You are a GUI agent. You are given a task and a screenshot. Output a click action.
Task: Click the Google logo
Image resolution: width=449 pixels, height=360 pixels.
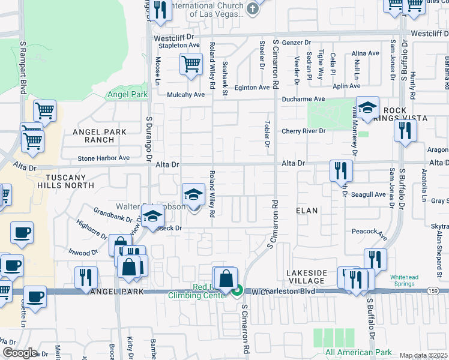pos(19,353)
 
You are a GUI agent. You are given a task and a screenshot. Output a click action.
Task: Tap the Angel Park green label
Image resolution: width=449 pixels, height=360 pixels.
pos(127,94)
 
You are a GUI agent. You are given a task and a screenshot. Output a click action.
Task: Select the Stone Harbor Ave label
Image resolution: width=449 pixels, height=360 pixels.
pos(103,158)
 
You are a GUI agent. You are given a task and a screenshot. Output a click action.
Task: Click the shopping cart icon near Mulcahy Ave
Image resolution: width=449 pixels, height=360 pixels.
pos(191,64)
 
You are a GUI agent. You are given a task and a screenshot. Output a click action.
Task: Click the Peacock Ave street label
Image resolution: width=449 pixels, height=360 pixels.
pos(369,231)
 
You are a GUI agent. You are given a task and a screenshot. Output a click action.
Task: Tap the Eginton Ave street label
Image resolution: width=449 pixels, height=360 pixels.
pos(252,88)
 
